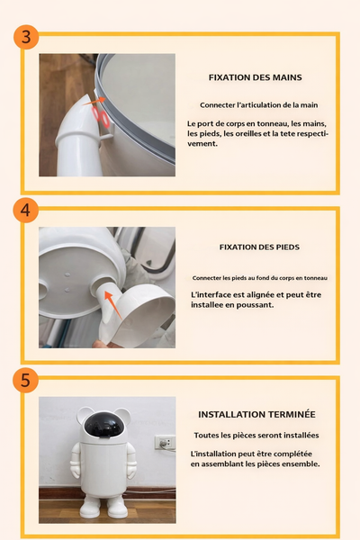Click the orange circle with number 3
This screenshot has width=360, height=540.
(26, 38)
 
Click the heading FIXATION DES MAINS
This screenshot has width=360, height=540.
(255, 77)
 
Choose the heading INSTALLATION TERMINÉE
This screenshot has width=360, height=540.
(256, 415)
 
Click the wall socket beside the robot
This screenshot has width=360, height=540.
(164, 443)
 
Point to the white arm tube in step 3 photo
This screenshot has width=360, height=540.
(76, 144)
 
